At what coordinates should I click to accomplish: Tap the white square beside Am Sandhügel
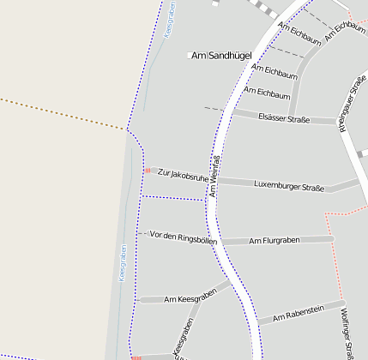(190, 56)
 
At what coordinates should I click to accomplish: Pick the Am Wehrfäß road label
(214, 177)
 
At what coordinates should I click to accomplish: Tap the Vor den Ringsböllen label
(183, 237)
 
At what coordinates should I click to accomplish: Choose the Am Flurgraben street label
(274, 241)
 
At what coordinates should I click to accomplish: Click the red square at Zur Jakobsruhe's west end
(148, 171)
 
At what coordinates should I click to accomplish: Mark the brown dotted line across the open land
(60, 113)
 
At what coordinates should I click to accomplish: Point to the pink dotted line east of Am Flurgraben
(336, 257)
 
